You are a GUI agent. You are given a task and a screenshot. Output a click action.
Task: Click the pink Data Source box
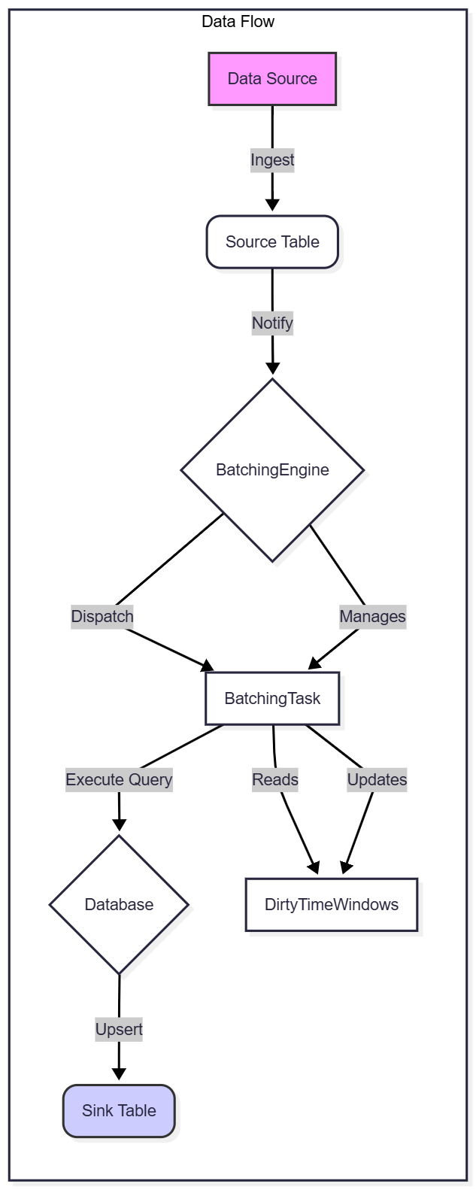point(272,79)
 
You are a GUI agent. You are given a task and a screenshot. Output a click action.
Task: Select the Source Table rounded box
point(272,242)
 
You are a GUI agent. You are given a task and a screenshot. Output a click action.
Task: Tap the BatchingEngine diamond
point(272,470)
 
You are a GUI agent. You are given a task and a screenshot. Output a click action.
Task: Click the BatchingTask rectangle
point(272,699)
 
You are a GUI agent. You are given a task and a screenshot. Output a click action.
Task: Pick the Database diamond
point(119,905)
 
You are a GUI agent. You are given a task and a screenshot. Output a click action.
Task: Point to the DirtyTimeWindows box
point(332,905)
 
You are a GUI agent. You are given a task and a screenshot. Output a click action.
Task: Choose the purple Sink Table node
point(119,1111)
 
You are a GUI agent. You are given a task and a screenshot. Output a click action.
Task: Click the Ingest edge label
point(272,160)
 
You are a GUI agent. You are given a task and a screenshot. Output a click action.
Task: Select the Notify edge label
point(272,323)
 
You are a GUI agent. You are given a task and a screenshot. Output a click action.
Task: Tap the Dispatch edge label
point(102,617)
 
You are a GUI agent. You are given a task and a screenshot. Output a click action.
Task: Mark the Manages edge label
point(372,617)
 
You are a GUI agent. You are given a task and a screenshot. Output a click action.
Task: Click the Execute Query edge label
point(119,780)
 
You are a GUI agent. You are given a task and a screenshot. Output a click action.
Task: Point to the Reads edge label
point(275,780)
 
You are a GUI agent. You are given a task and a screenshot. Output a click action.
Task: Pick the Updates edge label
point(377,780)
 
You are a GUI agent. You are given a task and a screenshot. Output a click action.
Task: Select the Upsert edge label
point(119,1030)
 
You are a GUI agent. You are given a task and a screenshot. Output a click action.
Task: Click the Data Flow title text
point(238,22)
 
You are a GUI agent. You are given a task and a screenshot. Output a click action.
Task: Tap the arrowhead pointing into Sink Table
point(119,1073)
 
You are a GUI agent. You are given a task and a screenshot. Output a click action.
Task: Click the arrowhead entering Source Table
point(272,205)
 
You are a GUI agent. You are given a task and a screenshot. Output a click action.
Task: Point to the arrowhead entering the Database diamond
point(119,824)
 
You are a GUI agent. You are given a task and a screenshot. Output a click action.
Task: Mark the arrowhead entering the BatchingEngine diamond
point(272,368)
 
